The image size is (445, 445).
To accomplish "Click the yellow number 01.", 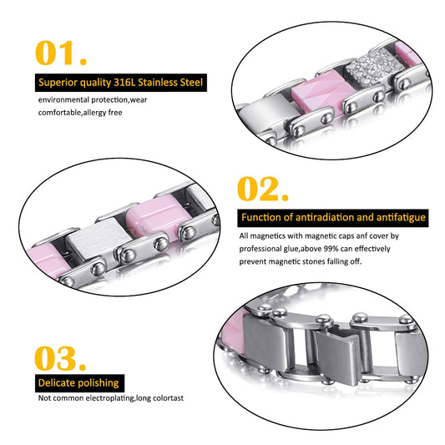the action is click(61, 53).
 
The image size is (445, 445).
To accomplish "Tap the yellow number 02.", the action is click(263, 189).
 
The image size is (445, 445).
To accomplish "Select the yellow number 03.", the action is click(60, 358).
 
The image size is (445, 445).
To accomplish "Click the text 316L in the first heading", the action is click(124, 83).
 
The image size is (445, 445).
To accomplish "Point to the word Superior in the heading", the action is click(58, 83).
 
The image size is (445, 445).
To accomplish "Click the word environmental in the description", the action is click(63, 100).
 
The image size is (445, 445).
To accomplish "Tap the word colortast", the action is click(169, 398).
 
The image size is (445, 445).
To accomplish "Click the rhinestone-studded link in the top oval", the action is click(375, 68).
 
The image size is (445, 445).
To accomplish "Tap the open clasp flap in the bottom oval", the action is click(338, 357).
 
